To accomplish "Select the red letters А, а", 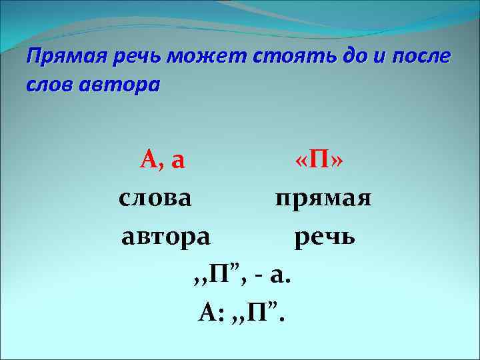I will pos(162,160).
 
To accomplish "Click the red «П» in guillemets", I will pos(319,161).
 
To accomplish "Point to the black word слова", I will pos(155,198).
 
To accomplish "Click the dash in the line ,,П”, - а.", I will pos(261,273).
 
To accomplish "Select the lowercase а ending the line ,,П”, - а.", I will pos(279,274).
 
